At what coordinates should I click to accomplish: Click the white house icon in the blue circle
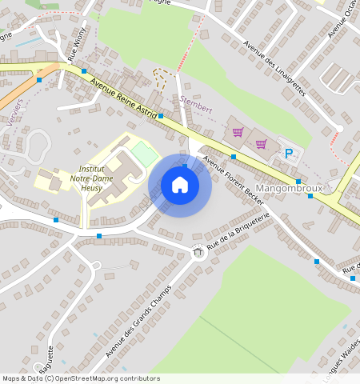pyautogui.click(x=180, y=185)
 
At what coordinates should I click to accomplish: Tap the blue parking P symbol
pyautogui.click(x=289, y=153)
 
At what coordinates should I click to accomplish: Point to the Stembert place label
pyautogui.click(x=197, y=106)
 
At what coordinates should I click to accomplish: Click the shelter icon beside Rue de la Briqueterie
pyautogui.click(x=198, y=253)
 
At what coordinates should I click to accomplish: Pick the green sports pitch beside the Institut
pyautogui.click(x=146, y=152)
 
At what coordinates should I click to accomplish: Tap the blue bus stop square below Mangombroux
pyautogui.click(x=310, y=195)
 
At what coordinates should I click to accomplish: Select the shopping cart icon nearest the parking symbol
pyautogui.click(x=261, y=144)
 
